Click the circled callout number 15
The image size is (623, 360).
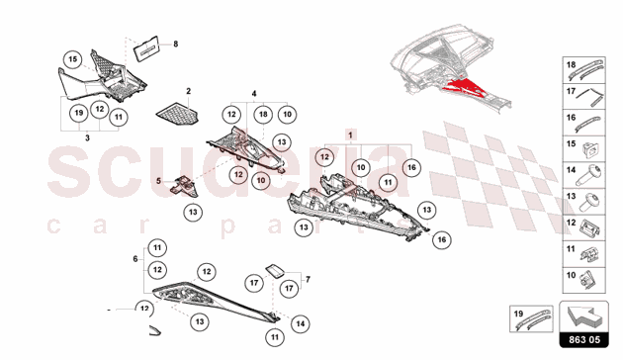(73, 59)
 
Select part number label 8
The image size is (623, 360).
(176, 44)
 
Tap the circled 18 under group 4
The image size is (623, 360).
(263, 115)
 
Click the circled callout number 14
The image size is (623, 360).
(301, 323)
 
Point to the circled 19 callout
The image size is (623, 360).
(79, 113)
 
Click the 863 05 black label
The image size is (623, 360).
(584, 340)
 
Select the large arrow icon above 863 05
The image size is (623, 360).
(584, 316)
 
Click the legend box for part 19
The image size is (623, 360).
(531, 318)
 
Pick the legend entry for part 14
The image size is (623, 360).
(584, 175)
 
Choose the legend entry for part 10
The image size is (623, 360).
(584, 280)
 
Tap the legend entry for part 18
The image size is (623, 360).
(584, 70)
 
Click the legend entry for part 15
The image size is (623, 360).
(584, 149)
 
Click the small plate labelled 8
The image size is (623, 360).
(145, 49)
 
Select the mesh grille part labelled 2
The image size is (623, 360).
(177, 114)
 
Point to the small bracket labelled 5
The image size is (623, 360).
(184, 186)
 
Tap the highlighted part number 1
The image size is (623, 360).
(350, 135)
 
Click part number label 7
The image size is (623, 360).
(308, 279)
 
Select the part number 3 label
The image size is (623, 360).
(87, 137)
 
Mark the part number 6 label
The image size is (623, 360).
(135, 259)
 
